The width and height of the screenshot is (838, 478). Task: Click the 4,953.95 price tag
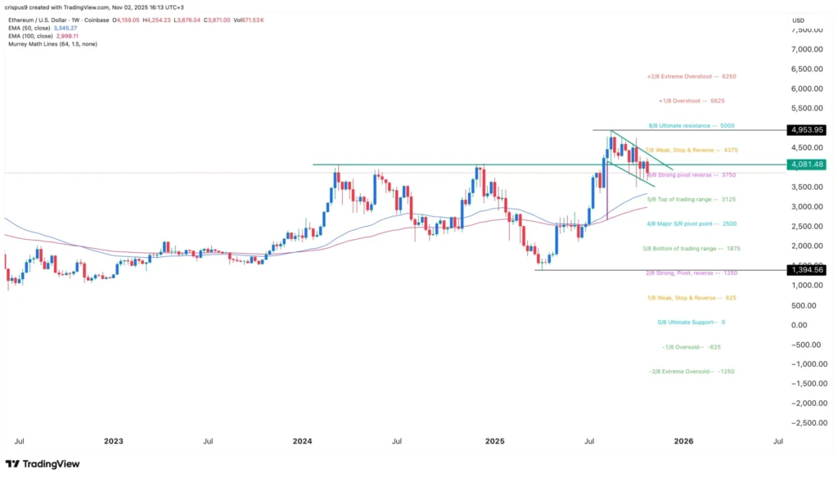click(x=806, y=130)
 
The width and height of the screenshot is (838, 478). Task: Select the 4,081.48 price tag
click(x=806, y=165)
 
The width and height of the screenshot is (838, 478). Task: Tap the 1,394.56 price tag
click(x=806, y=269)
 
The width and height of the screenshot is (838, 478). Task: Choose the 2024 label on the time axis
click(x=303, y=441)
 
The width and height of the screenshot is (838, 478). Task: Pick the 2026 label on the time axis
click(x=683, y=441)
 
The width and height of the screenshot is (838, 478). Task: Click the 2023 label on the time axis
click(x=113, y=441)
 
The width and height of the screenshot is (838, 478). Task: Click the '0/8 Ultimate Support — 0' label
click(x=692, y=322)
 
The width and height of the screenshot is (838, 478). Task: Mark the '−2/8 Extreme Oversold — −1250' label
click(x=691, y=372)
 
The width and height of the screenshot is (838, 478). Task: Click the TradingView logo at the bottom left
click(x=43, y=464)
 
